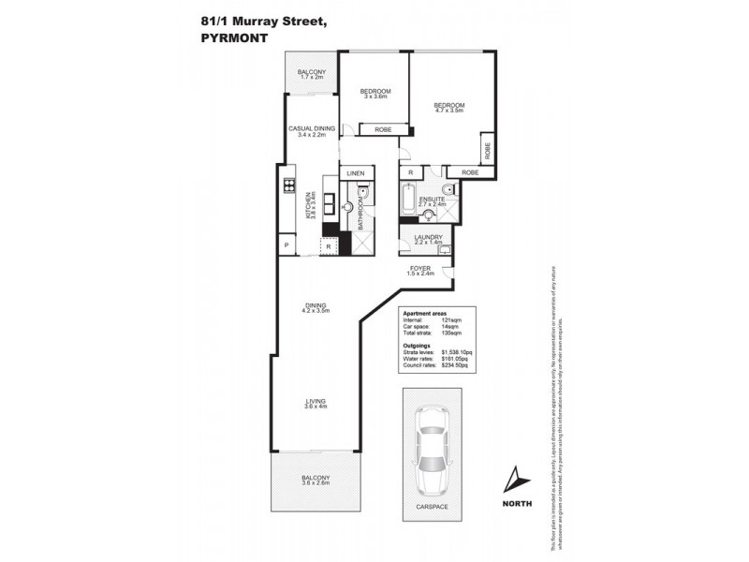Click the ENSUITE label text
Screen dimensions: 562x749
tap(432, 199)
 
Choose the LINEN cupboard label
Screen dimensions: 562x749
tap(355, 174)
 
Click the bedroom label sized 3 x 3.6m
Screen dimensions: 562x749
tap(374, 93)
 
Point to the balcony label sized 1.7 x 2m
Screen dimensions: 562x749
tap(311, 74)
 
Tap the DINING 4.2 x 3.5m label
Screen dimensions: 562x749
tap(315, 305)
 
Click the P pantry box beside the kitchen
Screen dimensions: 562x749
tap(283, 245)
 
